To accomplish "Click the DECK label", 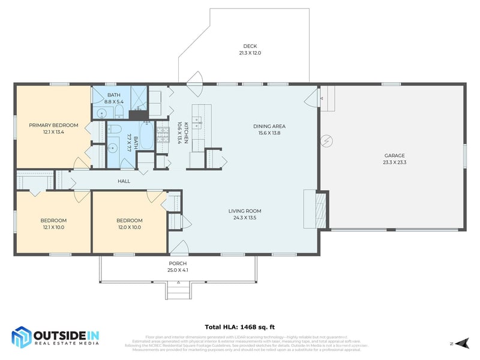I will pos(250,46).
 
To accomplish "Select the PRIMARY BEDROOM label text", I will pos(54,125).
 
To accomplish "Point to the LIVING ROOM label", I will pos(245,211).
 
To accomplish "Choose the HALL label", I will pos(124,181).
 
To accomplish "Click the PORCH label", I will pos(178,263).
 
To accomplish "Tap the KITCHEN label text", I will pos(187,131).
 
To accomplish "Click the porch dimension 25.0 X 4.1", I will pos(178,270).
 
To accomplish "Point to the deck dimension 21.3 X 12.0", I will pos(250,53).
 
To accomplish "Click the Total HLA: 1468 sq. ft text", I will pos(240,327).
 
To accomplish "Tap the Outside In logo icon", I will pos(22,337).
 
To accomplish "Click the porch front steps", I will pos(178,291).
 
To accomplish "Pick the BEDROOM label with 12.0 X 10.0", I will pos(129,220).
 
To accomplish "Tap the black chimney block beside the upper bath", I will pos(138,116).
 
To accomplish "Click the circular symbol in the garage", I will pos(327,142).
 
